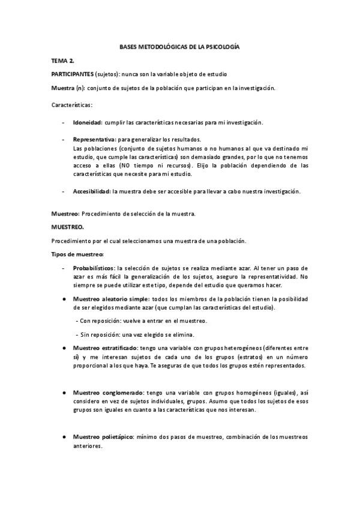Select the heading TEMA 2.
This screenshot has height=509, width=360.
click(x=62, y=61)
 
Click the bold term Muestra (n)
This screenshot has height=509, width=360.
click(x=68, y=88)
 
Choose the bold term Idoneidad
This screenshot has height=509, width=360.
click(x=87, y=122)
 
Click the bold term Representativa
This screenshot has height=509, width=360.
click(x=94, y=139)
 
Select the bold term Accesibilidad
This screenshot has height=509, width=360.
click(x=91, y=191)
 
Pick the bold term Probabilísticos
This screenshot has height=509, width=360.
click(x=94, y=268)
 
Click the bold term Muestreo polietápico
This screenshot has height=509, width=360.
click(x=103, y=437)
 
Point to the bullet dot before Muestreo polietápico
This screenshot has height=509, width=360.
click(x=64, y=437)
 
